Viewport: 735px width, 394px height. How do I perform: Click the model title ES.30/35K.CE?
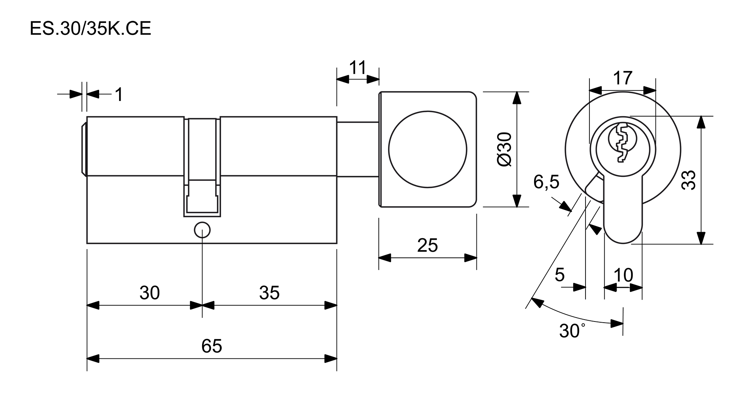91,29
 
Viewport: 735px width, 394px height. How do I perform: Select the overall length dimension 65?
212,346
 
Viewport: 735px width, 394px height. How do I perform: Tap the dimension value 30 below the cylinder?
149,293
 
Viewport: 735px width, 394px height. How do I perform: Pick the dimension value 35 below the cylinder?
269,293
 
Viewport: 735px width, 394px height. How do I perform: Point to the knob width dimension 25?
427,245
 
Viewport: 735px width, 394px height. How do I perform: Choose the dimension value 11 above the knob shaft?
357,68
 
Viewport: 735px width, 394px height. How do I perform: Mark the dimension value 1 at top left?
119,94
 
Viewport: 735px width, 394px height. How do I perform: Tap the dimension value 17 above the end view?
622,78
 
